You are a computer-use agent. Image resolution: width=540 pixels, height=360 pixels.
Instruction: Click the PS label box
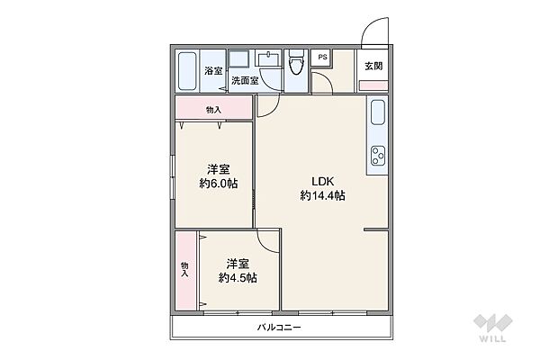tap(321, 58)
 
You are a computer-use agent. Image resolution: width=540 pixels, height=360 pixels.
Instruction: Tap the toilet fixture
tap(296, 62)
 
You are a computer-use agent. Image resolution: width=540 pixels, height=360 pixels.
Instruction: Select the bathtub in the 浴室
tap(187, 71)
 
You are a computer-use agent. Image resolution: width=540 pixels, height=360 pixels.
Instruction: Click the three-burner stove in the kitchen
tap(378, 156)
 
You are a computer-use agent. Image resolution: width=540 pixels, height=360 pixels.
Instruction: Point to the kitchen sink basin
tap(378, 112)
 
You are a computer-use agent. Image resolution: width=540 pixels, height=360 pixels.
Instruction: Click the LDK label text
tap(323, 181)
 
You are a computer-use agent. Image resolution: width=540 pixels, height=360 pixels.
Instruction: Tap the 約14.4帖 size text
tap(323, 195)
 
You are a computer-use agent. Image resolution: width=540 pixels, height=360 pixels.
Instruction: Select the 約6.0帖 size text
tap(219, 184)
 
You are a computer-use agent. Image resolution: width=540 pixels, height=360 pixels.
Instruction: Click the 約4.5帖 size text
tap(238, 278)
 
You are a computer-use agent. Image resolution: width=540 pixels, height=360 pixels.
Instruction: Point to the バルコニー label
tap(279, 327)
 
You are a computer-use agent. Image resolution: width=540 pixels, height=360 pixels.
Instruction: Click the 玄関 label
tap(373, 66)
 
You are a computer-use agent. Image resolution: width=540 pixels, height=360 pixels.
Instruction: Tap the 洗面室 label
tap(245, 81)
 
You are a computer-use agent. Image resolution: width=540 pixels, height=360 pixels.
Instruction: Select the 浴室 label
tap(213, 71)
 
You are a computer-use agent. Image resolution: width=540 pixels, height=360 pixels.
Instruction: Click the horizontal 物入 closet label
tap(213, 110)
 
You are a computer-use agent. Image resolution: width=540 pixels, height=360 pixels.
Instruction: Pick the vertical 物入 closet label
tap(184, 269)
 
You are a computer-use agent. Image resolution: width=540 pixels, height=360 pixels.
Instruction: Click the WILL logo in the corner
tap(493, 328)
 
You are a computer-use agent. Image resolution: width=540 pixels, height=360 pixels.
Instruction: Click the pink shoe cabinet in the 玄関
tap(373, 85)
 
